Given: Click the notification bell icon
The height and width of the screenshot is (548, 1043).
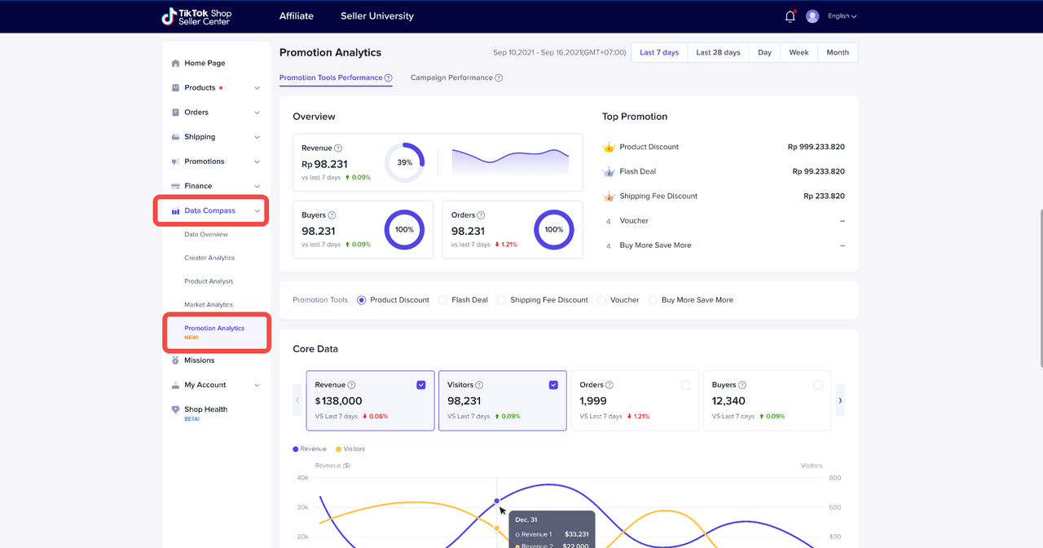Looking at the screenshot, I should (x=790, y=16).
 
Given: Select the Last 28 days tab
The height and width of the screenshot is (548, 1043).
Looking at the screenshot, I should (x=718, y=52).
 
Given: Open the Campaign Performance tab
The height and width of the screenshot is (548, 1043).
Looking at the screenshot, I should (x=451, y=77).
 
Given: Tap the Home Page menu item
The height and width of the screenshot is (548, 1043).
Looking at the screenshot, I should (x=205, y=63).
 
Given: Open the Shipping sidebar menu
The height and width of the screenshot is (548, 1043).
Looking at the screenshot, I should (x=200, y=137).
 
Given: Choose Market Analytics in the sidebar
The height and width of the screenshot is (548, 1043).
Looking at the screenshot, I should (x=209, y=305).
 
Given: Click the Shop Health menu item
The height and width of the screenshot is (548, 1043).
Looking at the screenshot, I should (x=205, y=409).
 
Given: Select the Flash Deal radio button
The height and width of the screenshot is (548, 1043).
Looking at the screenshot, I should (x=443, y=300).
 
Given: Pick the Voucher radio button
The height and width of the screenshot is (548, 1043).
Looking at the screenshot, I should (x=602, y=300).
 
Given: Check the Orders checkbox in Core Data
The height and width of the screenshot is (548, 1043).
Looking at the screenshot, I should (x=685, y=385).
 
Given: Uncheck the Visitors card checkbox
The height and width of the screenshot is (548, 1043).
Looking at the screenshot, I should (x=553, y=385).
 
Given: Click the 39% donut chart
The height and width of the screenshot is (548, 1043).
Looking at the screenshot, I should (x=404, y=162).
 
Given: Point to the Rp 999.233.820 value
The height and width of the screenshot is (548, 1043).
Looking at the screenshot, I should (x=816, y=147).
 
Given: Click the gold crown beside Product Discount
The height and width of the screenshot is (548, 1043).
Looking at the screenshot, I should (x=608, y=147).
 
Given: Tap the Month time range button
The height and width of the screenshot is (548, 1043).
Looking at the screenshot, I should (x=837, y=52).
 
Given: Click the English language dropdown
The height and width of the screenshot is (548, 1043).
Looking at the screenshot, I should (x=842, y=16).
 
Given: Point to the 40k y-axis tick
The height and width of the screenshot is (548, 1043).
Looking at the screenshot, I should (x=302, y=478).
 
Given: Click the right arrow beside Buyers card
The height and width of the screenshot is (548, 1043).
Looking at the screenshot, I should (x=840, y=400).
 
